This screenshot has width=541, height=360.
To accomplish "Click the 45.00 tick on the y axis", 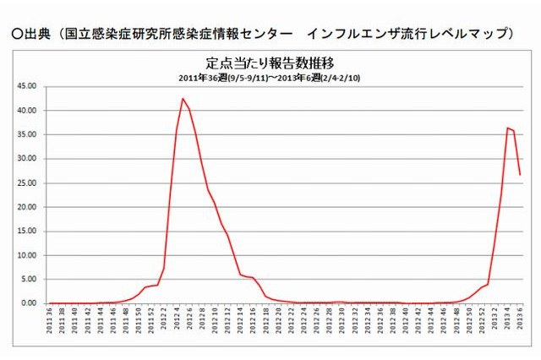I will [26, 86].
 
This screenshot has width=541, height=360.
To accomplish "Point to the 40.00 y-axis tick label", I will [26, 111].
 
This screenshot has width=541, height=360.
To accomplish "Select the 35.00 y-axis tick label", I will [26, 134].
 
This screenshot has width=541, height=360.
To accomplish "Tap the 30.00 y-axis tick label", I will [26, 159].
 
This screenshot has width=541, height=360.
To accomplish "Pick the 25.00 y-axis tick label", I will [26, 183].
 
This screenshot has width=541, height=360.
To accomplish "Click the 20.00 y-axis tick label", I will [26, 207].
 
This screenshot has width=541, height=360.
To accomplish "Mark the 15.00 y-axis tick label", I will [26, 231].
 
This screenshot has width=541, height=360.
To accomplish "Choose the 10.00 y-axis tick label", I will [26, 255].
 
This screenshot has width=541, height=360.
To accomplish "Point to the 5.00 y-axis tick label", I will [29, 279].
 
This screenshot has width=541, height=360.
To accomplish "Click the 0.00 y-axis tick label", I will [29, 303].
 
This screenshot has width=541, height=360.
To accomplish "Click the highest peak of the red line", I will [183, 99].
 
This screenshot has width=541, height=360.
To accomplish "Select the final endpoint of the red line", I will [520, 175].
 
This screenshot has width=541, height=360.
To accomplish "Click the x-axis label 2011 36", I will [51, 325].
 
